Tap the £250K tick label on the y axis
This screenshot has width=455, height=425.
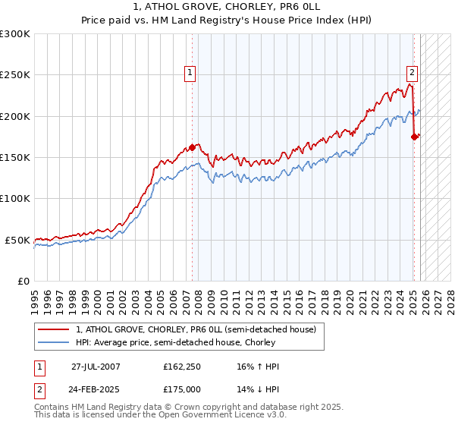tap(15, 75)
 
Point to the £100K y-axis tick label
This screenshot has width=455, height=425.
tap(15, 199)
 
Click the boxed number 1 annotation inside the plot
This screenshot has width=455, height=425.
tap(189, 73)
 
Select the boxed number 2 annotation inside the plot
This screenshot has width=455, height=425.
tap(412, 73)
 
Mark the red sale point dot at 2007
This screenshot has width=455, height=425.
tap(193, 147)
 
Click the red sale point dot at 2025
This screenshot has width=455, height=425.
tap(414, 137)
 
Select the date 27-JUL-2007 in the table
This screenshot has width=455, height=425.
tap(96, 367)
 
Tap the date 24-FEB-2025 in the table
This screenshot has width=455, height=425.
tap(96, 388)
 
